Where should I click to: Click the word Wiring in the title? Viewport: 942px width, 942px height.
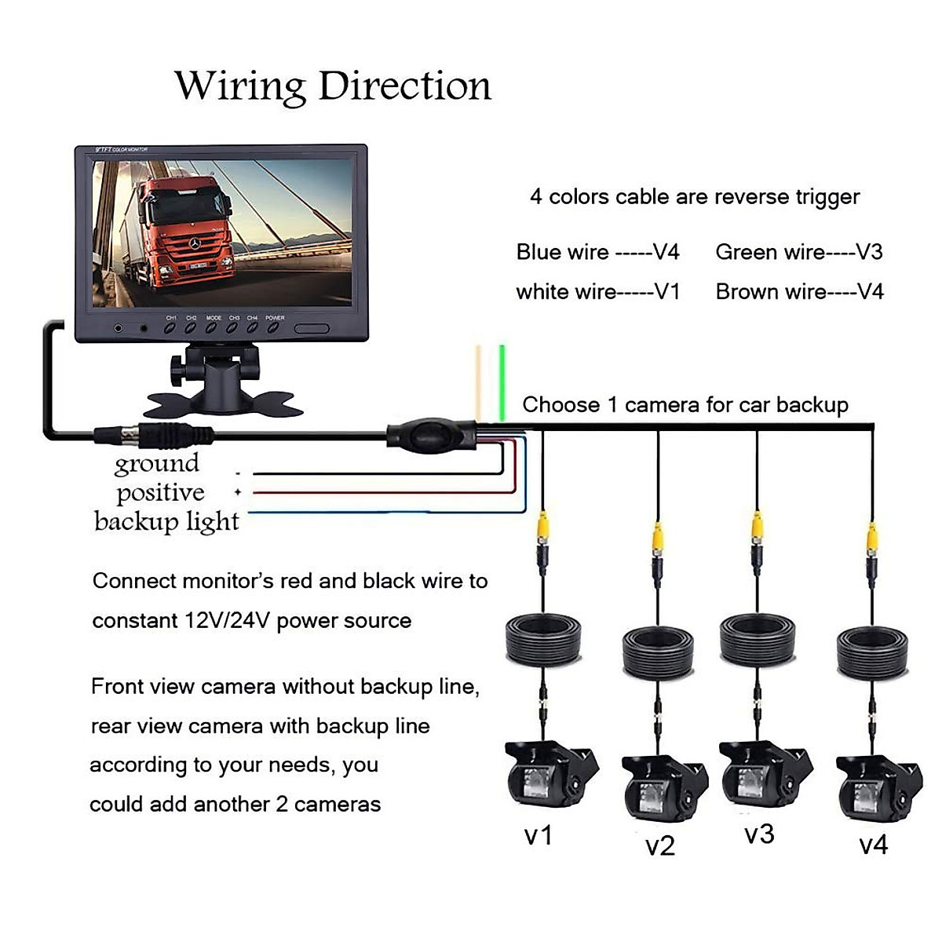241,86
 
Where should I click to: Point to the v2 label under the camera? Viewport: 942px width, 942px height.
659,845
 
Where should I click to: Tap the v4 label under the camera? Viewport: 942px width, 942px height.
873,845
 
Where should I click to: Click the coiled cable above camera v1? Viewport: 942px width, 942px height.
542,639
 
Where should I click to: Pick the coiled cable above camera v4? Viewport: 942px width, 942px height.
872,651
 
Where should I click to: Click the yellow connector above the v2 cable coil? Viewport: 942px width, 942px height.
658,539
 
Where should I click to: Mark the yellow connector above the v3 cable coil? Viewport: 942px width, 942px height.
757,528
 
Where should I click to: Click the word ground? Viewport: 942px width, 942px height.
157,463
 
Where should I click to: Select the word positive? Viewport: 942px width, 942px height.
160,493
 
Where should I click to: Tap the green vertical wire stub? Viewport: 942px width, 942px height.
502,382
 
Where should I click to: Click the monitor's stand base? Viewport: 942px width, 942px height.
223,404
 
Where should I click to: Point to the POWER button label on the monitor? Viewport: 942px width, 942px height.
275,318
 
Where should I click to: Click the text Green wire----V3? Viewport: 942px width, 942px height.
798,252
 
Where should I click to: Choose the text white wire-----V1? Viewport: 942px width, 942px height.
597,292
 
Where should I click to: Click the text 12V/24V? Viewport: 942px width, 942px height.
228,621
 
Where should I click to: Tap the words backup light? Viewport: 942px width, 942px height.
166,522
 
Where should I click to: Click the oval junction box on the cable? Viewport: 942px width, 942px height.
430,434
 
